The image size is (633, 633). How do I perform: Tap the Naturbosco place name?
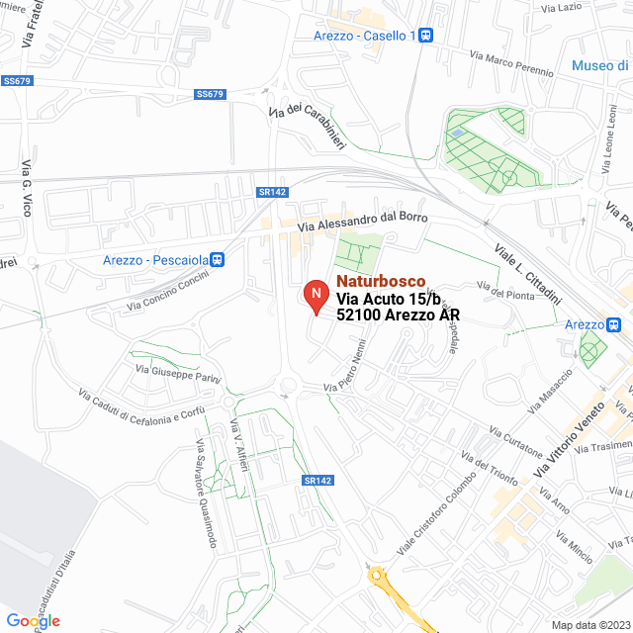tap(381, 282)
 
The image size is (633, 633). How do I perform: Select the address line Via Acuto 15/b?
tap(385, 299)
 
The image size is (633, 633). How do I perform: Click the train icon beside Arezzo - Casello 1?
tap(426, 36)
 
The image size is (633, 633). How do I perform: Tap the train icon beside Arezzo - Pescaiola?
tap(218, 260)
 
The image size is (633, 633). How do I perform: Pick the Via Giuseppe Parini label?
tap(178, 374)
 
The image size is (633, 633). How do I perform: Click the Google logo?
tap(33, 621)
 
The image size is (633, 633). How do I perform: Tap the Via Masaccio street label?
tap(551, 391)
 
